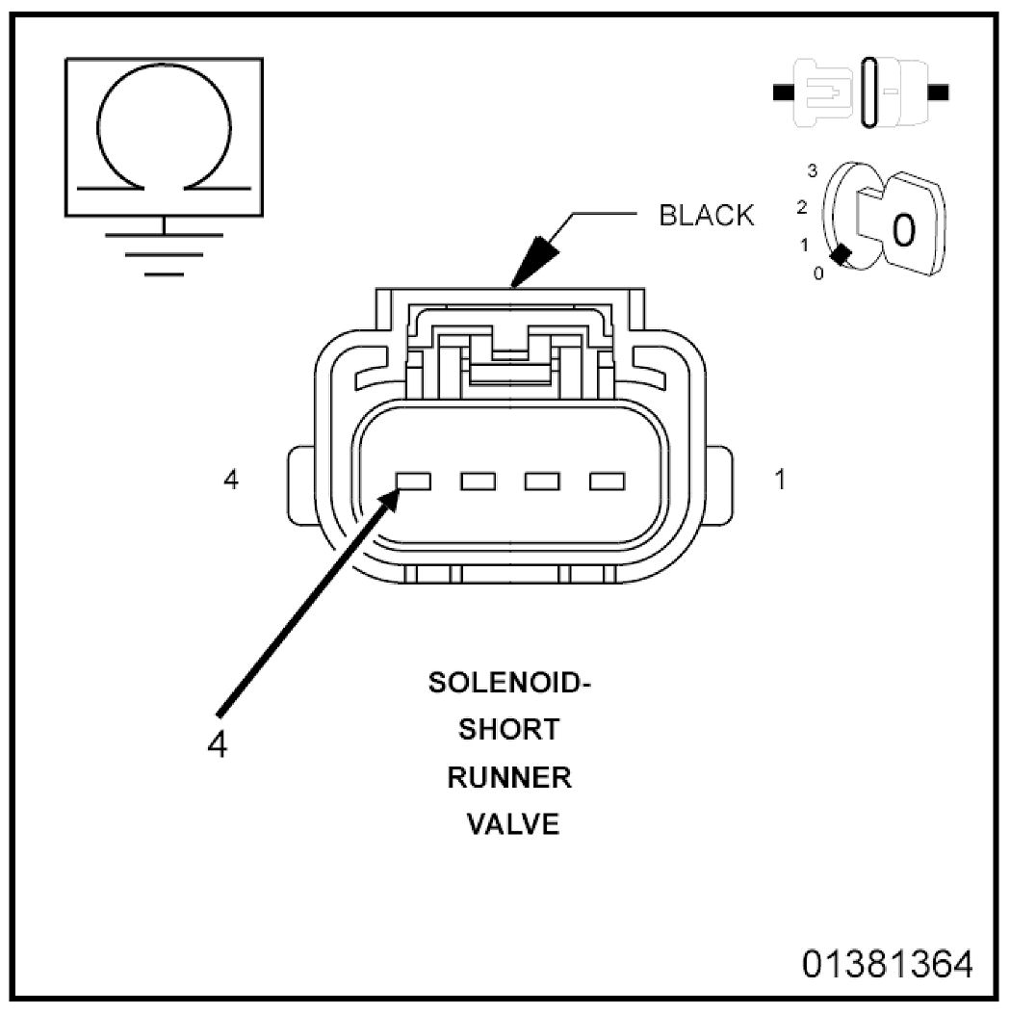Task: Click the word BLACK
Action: click(706, 216)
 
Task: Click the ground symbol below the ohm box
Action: click(165, 253)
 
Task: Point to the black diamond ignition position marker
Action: click(841, 255)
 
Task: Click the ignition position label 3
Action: click(812, 170)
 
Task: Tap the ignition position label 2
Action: click(802, 208)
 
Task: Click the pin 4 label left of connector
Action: click(231, 480)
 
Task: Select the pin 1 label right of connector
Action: click(780, 480)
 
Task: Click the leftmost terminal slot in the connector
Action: click(414, 481)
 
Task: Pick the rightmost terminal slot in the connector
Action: click(608, 481)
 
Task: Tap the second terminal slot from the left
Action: click(479, 481)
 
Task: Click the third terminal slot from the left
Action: click(542, 481)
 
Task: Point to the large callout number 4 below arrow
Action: click(218, 745)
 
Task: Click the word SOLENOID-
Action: click(509, 682)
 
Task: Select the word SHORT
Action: click(509, 730)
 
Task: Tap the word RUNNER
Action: click(509, 777)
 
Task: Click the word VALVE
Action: click(513, 824)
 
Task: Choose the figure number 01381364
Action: click(887, 964)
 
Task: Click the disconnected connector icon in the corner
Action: click(861, 91)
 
